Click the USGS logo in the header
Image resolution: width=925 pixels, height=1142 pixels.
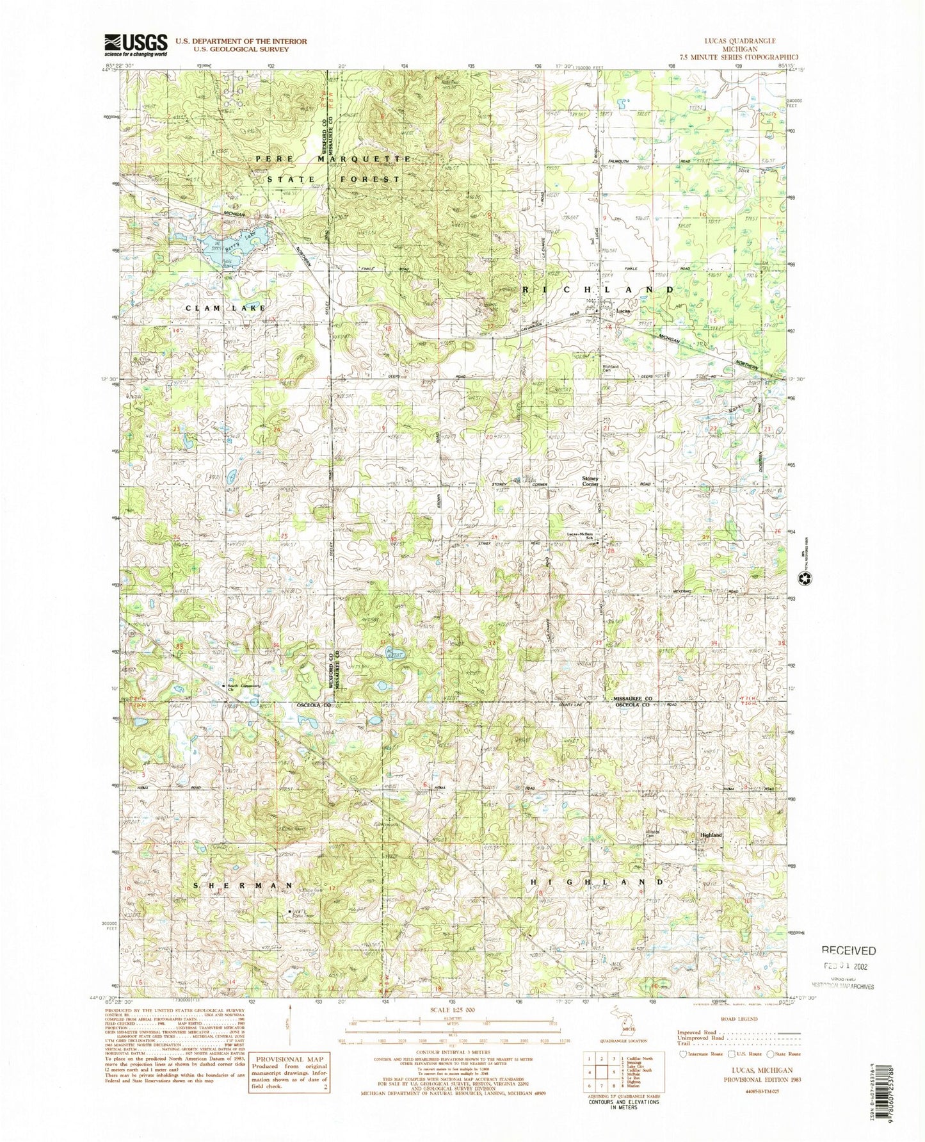[x=136, y=45]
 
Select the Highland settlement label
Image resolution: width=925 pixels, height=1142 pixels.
[x=711, y=835]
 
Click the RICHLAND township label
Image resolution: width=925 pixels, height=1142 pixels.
[x=599, y=290]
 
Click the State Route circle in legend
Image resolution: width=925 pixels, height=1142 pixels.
[x=771, y=1054]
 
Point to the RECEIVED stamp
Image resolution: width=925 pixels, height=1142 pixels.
[x=849, y=950]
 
